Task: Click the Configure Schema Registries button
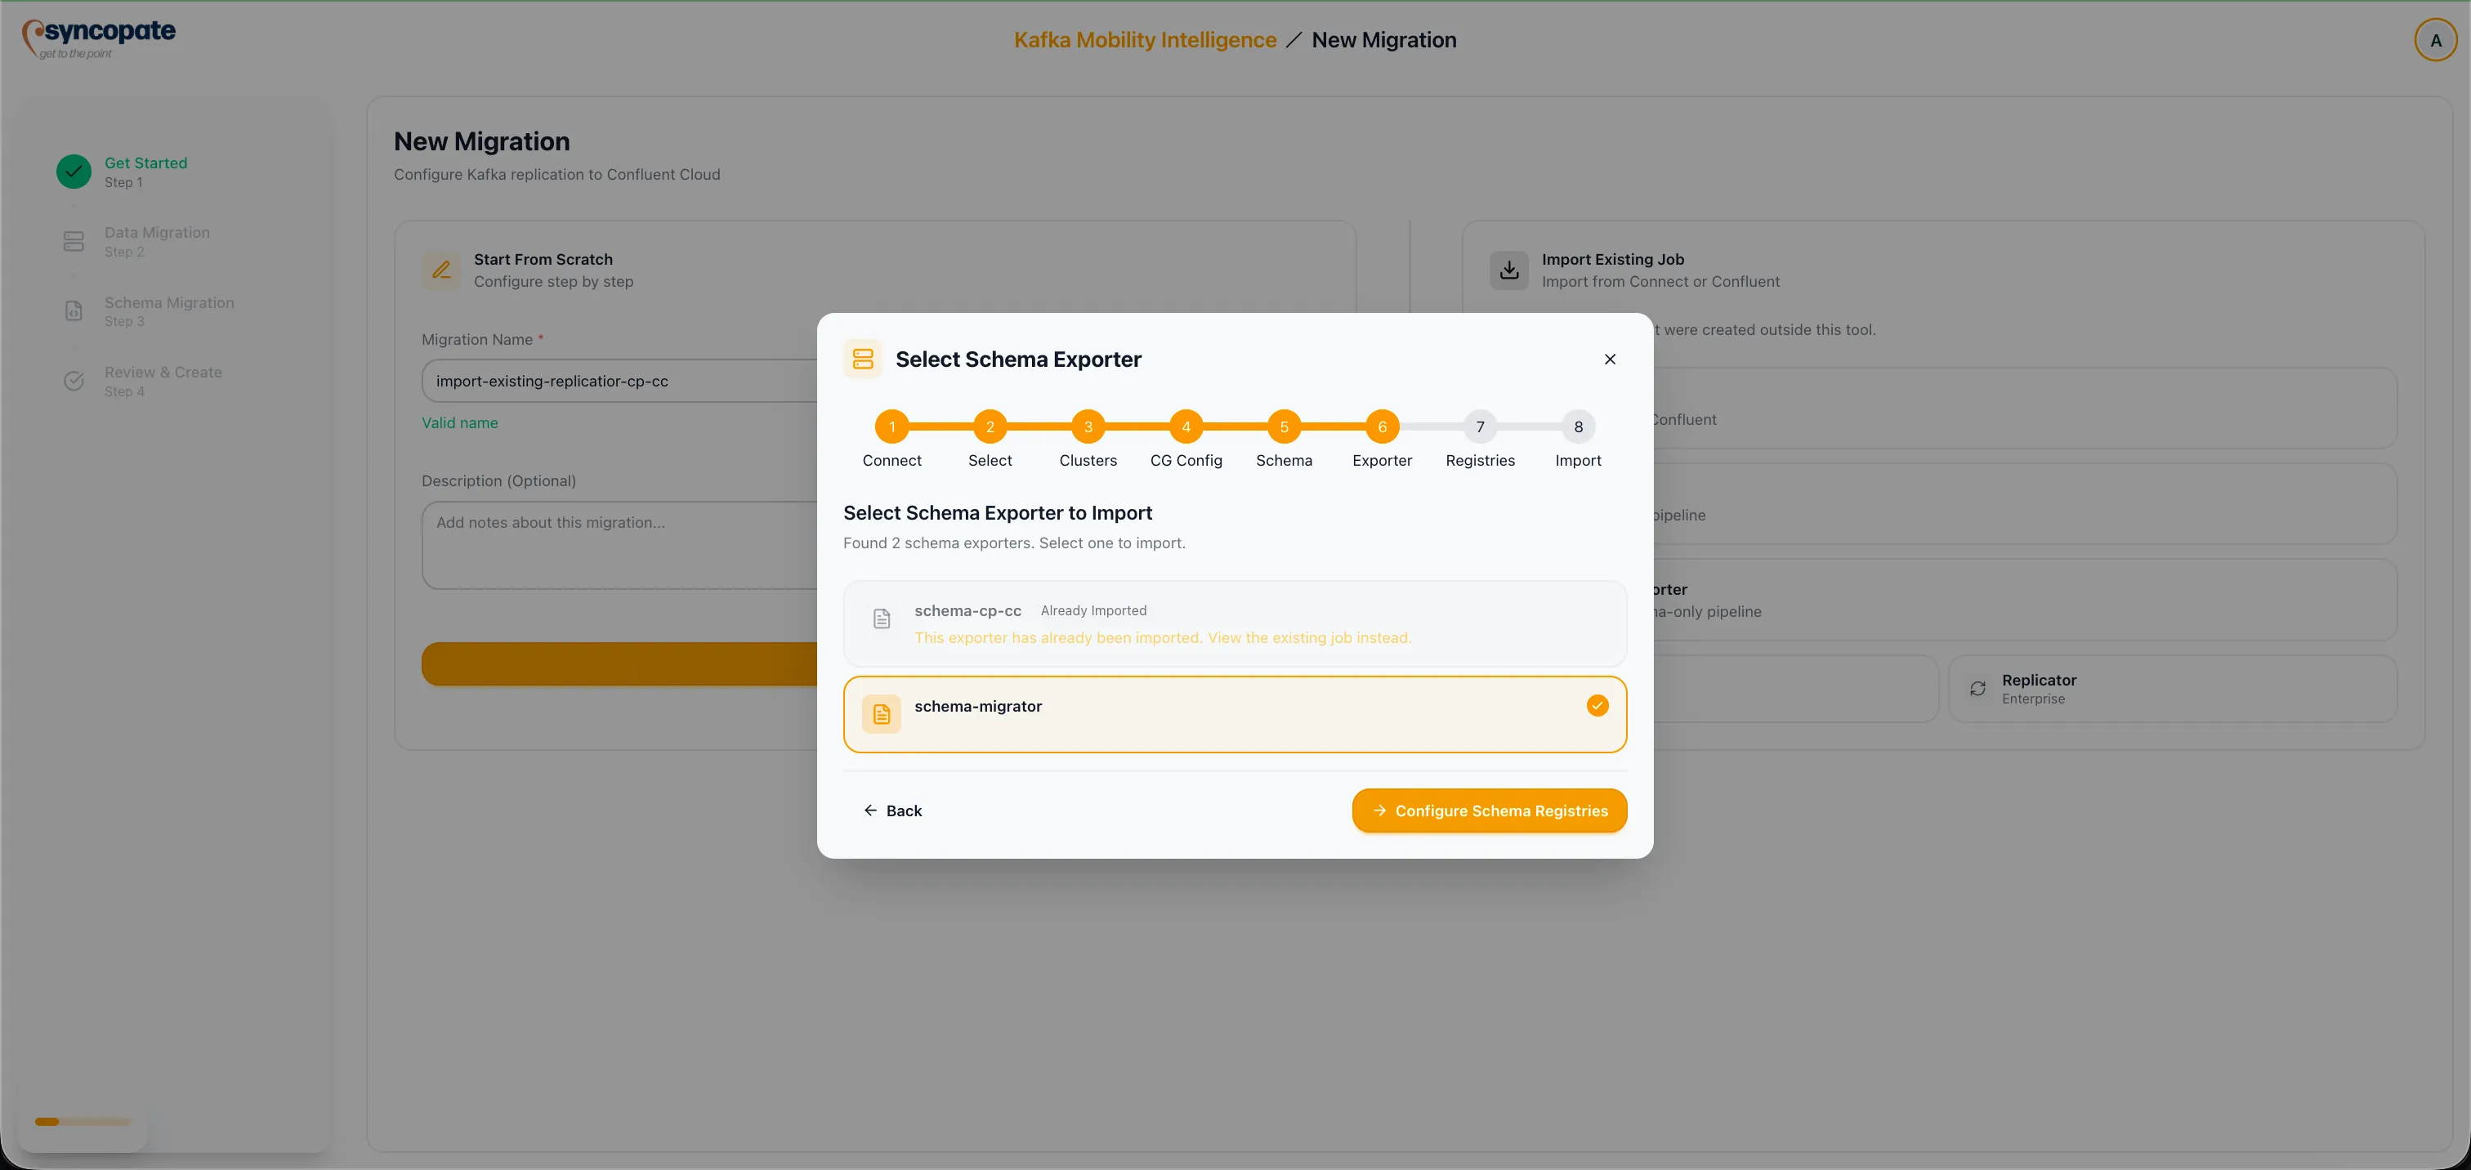[x=1489, y=811]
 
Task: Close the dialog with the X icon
[x=1610, y=359]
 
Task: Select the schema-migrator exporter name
[x=977, y=706]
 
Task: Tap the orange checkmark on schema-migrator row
[x=1597, y=706]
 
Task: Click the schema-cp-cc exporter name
[x=967, y=611]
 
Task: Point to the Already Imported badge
[x=1093, y=611]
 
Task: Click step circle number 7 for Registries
[x=1480, y=426]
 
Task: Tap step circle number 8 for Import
[x=1578, y=426]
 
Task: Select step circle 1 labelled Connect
[x=891, y=426]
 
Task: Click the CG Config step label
[x=1186, y=460]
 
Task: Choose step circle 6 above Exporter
[x=1381, y=426]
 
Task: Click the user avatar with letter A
[x=2434, y=40]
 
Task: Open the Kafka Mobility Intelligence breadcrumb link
[x=1144, y=40]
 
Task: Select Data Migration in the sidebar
[x=156, y=233]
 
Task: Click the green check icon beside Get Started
[x=74, y=172]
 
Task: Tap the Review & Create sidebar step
[x=163, y=372]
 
